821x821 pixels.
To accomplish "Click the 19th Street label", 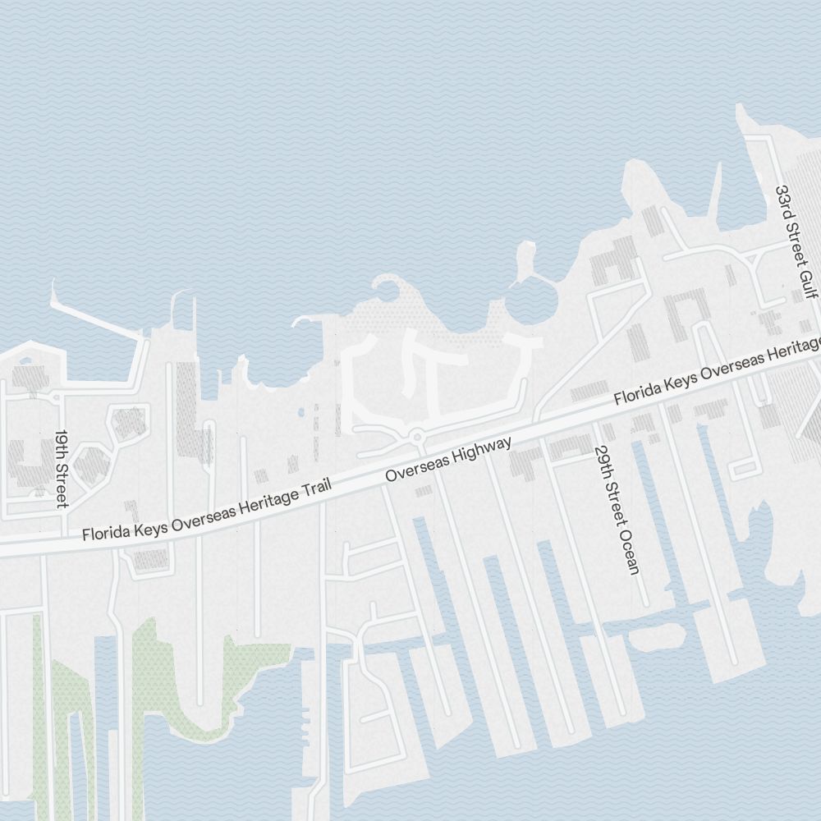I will click(61, 469).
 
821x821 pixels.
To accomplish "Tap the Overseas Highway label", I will click(448, 459).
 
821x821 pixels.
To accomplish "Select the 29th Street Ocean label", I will click(617, 510).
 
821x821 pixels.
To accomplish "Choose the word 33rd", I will click(785, 200).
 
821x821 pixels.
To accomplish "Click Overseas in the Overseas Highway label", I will click(415, 468).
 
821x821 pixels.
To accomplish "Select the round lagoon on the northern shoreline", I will click(530, 300).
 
